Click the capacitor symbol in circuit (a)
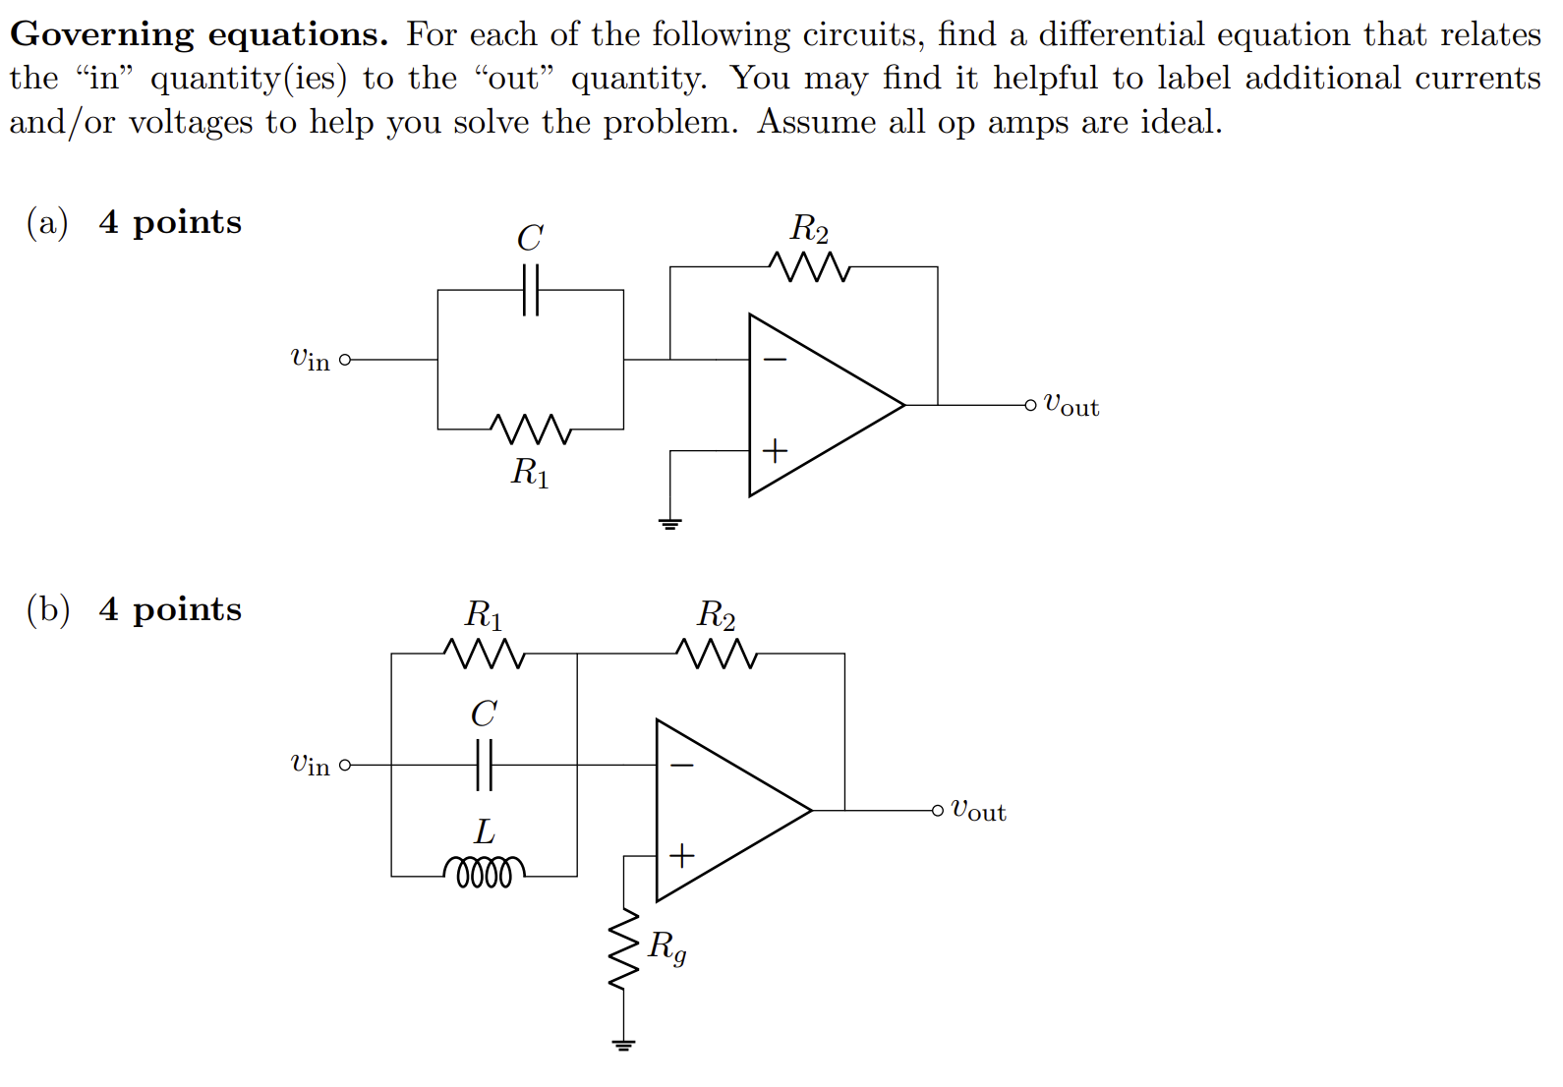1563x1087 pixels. (531, 290)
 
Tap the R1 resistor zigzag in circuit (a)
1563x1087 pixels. (531, 429)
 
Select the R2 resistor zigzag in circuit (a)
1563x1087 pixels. (808, 266)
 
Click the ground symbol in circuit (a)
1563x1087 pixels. (670, 523)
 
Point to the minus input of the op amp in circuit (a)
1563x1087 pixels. (775, 360)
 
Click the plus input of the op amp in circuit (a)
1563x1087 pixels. (775, 451)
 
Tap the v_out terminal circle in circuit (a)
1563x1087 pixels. (1029, 405)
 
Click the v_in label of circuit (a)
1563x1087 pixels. (310, 360)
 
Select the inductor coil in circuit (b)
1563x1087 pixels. (484, 872)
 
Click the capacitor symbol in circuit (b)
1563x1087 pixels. (484, 765)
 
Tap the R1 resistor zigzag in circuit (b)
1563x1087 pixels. (484, 654)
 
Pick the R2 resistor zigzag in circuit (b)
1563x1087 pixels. (716, 654)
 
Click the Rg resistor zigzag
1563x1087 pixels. (623, 948)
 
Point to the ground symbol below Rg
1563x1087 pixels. (623, 1044)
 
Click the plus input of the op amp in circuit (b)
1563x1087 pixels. (681, 856)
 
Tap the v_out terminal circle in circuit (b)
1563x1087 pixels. (937, 811)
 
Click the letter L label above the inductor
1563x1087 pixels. (484, 832)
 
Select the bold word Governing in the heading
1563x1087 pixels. (102, 35)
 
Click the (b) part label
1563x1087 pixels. (48, 610)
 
